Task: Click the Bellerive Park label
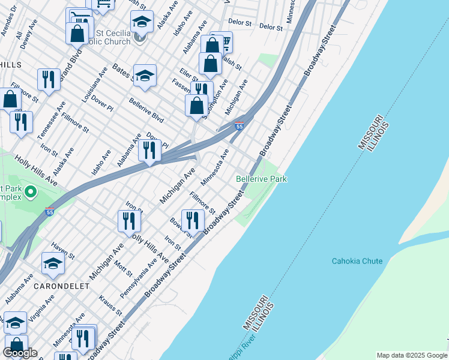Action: point(261,179)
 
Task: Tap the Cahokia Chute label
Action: point(357,261)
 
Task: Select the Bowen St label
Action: point(179,228)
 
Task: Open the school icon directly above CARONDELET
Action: point(53,265)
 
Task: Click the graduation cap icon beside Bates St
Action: point(145,76)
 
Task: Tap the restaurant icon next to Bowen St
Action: point(193,220)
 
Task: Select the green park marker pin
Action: point(30,192)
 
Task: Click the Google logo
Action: point(20,353)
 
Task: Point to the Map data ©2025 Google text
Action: point(411,355)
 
